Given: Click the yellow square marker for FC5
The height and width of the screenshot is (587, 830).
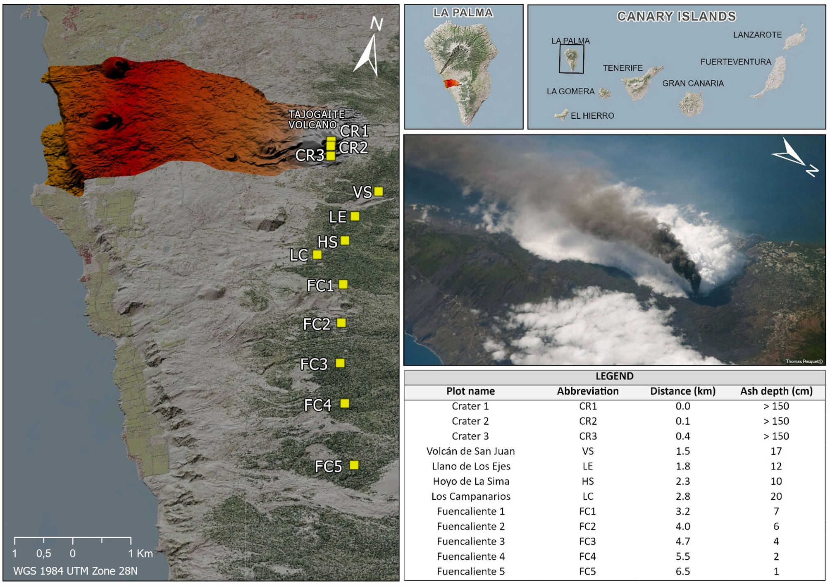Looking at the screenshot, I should [x=354, y=465].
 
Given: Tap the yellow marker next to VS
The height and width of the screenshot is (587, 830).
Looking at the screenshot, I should [x=378, y=192].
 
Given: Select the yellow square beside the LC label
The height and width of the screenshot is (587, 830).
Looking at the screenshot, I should [x=317, y=254].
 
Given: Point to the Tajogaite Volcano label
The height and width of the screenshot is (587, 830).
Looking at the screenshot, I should [x=316, y=120].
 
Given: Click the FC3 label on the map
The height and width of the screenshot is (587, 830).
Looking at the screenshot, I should [x=314, y=364].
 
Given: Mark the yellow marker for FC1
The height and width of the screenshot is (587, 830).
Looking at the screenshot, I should [x=343, y=284].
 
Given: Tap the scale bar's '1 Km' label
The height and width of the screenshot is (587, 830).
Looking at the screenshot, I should [x=140, y=553].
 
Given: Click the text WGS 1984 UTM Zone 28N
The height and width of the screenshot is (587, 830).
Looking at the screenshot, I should [x=75, y=571].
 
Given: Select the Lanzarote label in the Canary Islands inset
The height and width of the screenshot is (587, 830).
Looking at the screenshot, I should [x=757, y=35].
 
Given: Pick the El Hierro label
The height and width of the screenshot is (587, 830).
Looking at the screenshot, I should [x=592, y=116].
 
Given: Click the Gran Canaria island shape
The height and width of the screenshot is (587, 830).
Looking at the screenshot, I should [x=691, y=104].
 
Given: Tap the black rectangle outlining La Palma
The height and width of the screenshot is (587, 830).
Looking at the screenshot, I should [x=571, y=59].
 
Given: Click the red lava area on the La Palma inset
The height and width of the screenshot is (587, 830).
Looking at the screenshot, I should [x=451, y=84].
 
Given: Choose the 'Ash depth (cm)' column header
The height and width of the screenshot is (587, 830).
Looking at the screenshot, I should [x=776, y=391].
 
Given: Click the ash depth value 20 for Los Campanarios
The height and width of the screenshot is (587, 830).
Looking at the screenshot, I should [x=776, y=496].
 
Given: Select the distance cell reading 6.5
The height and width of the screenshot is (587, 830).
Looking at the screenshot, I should [x=682, y=571].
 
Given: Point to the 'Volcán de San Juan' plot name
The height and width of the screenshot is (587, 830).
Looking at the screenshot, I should [x=470, y=451].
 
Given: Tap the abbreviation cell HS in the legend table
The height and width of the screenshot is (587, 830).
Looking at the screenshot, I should [x=587, y=482].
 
